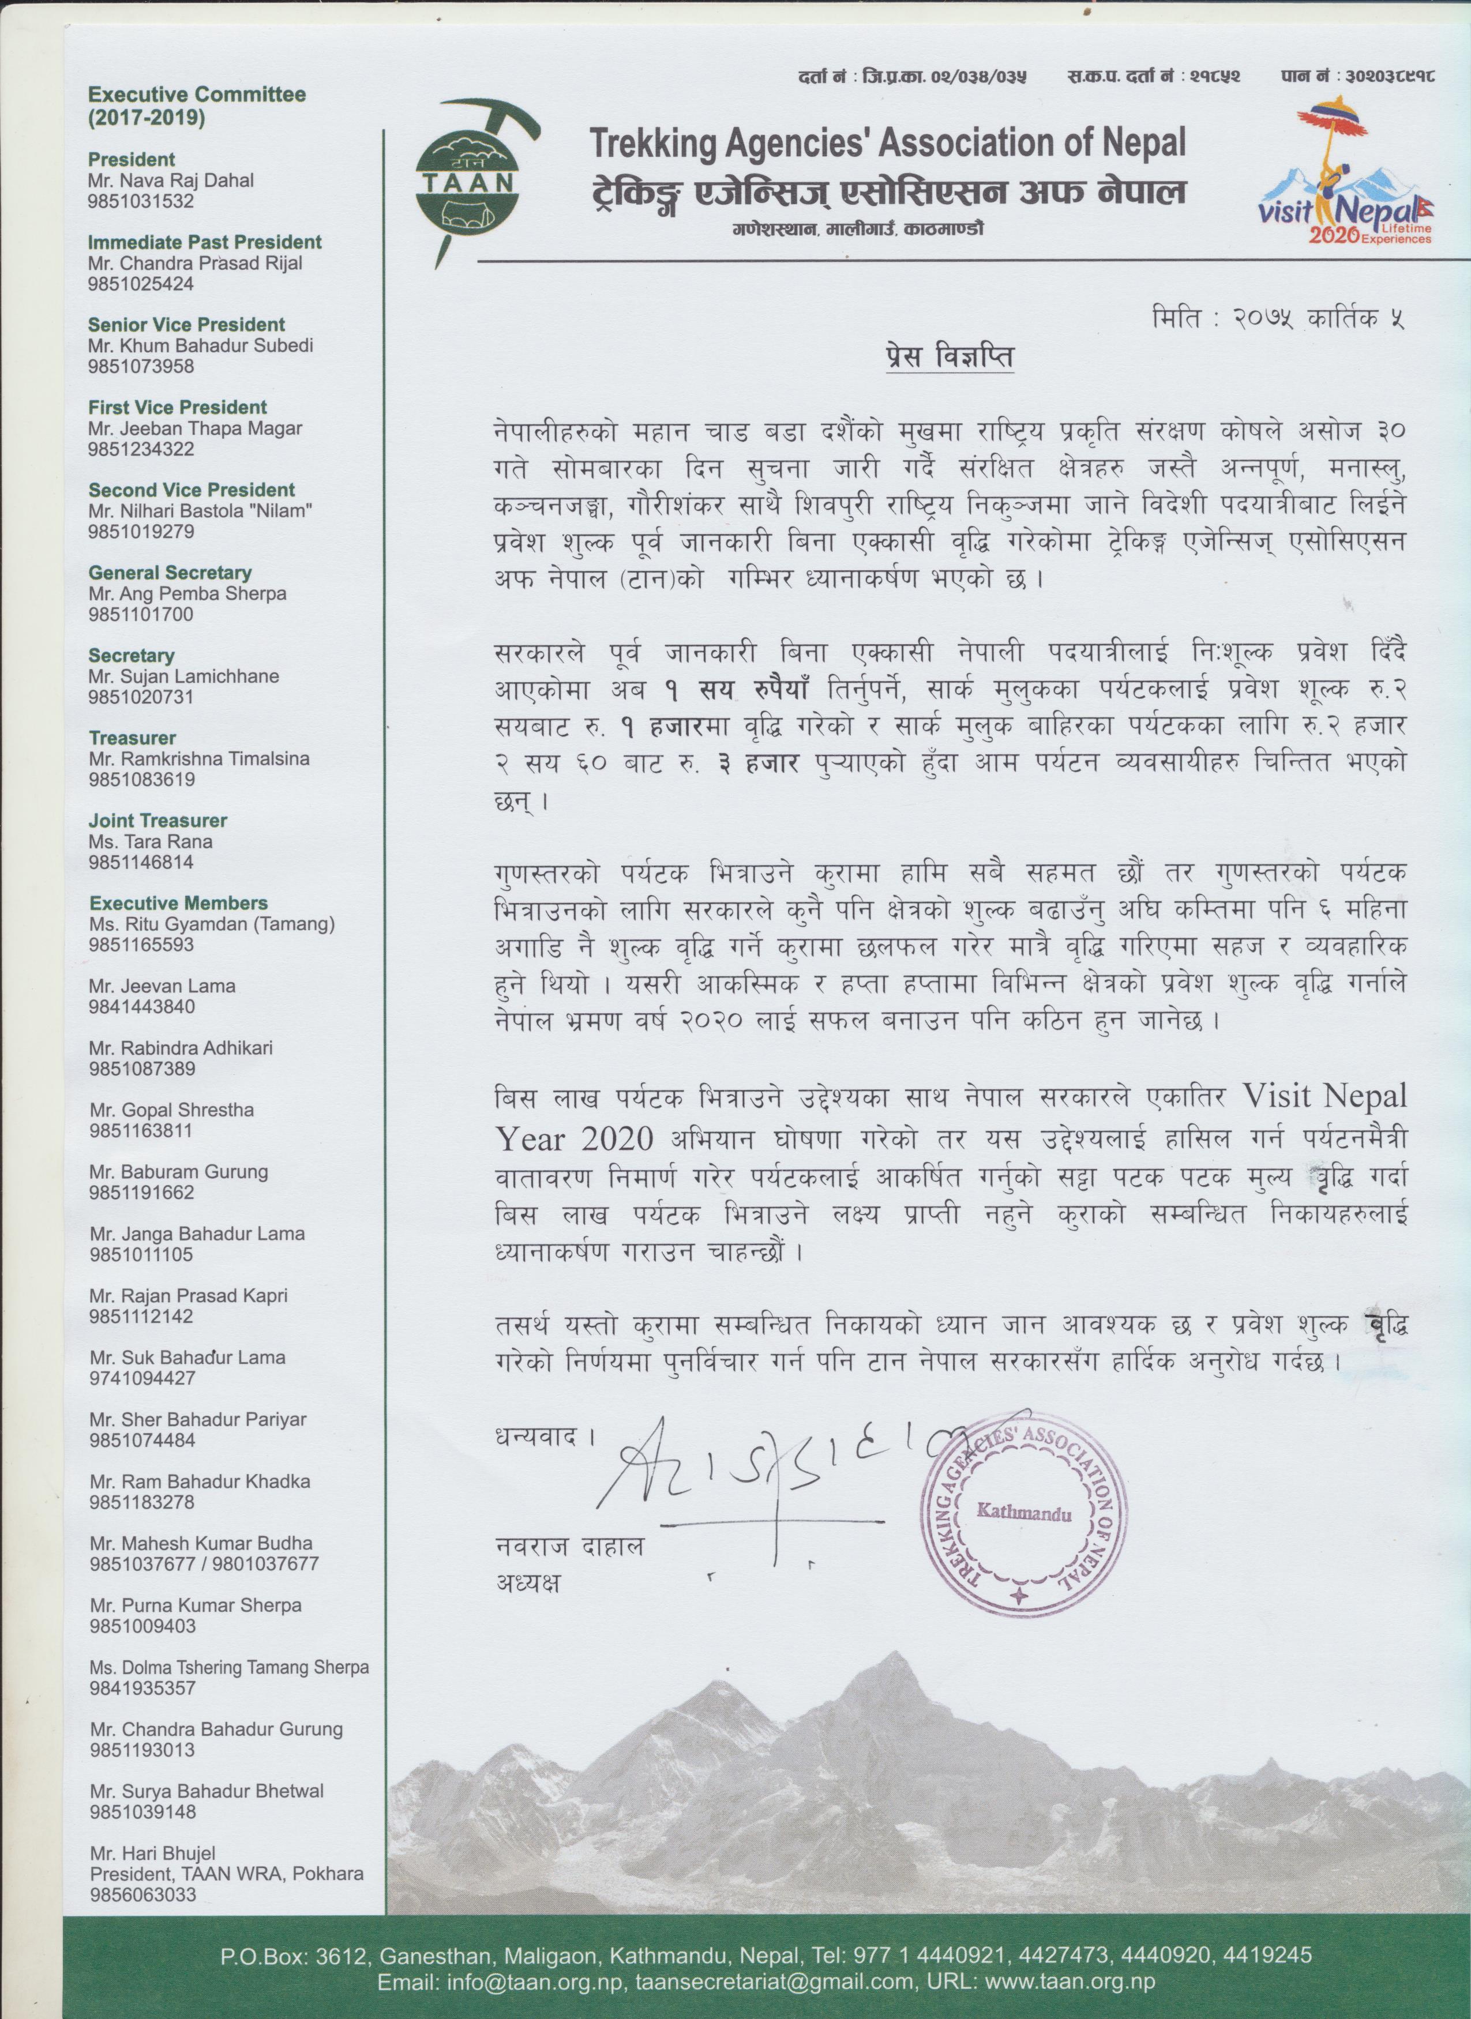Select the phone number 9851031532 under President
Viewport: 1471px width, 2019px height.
click(x=141, y=201)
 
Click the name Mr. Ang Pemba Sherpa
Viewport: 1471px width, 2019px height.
click(x=187, y=593)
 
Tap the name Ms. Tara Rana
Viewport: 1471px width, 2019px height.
click(x=151, y=841)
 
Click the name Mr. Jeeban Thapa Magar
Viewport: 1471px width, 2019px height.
click(x=195, y=428)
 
